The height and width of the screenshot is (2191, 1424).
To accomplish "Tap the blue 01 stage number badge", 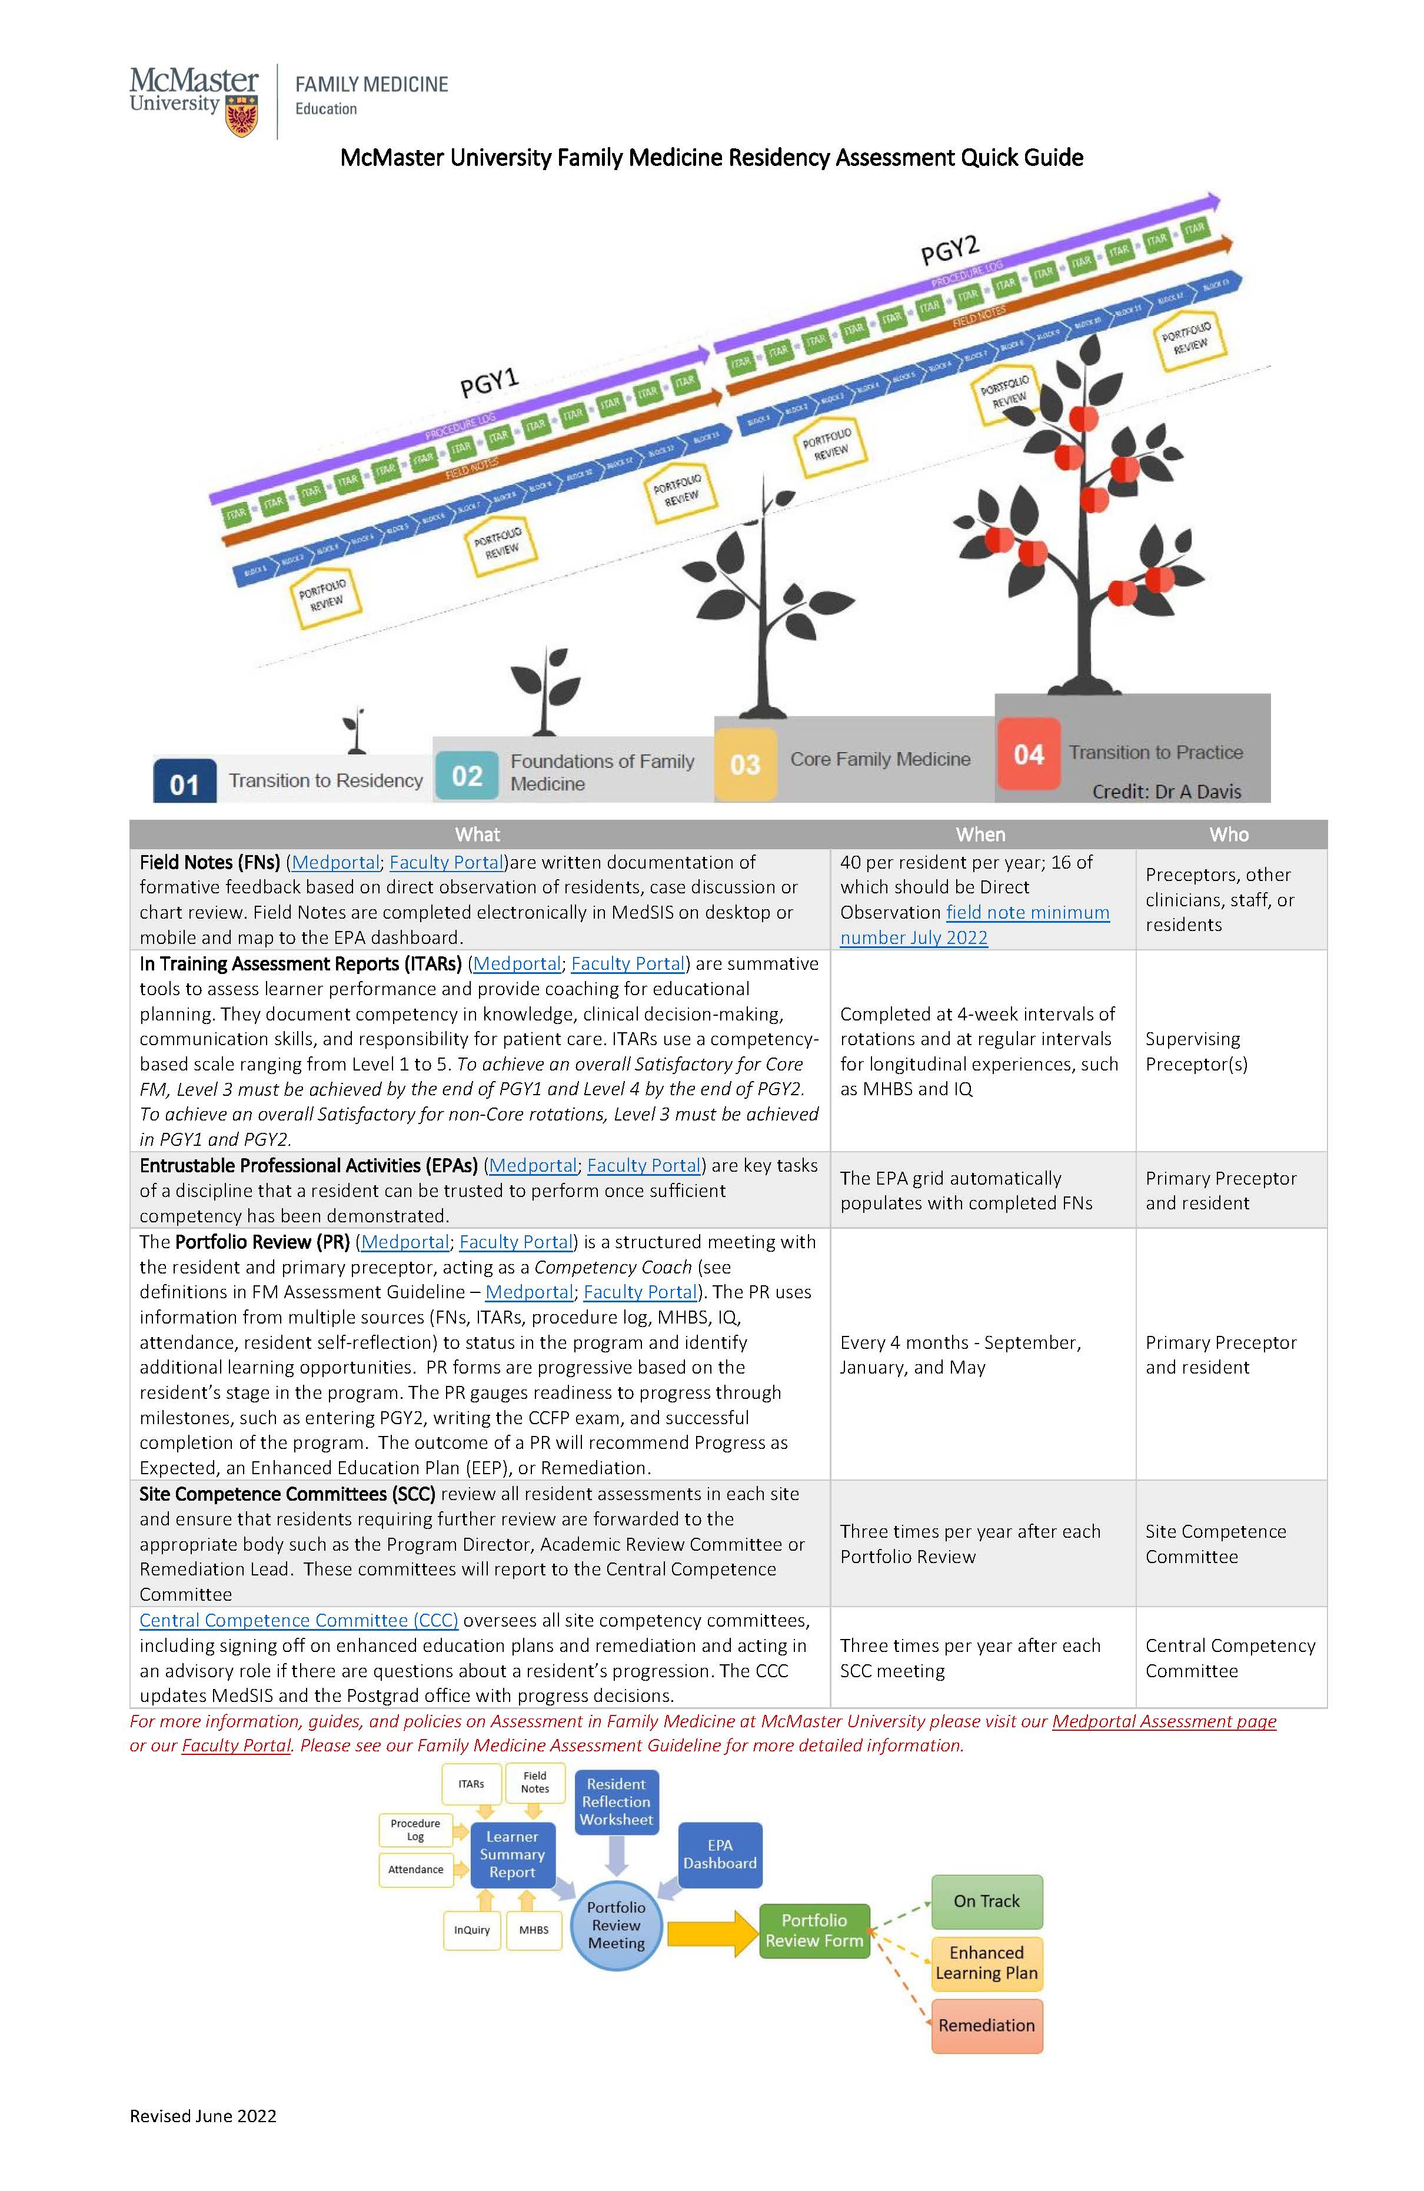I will [184, 783].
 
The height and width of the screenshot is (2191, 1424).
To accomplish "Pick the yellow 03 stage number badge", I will [745, 763].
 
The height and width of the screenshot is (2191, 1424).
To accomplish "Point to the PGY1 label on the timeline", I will [490, 381].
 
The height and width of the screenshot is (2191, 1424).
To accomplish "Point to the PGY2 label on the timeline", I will [949, 248].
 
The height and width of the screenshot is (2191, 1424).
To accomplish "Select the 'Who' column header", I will [1229, 834].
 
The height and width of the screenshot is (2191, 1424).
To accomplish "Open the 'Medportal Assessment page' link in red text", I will [1163, 1721].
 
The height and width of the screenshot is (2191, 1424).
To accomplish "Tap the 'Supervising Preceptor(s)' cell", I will [1196, 1051].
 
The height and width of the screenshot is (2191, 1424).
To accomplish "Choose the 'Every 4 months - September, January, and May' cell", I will [960, 1354].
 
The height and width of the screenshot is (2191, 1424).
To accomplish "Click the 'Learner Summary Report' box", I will [512, 1854].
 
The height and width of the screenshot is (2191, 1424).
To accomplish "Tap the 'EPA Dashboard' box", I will [720, 1854].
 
